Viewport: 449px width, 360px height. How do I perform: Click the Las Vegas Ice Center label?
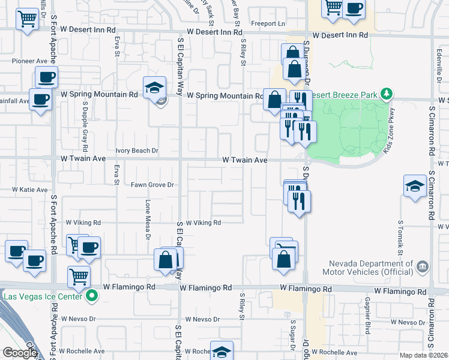(42, 296)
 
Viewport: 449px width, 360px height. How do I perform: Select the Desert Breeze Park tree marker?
(387, 94)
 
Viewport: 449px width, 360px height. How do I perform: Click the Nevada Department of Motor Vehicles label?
(370, 268)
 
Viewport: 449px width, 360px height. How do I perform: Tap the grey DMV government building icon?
(423, 266)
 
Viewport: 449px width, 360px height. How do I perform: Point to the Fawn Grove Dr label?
(152, 185)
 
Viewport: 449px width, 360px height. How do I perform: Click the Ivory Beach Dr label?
(136, 151)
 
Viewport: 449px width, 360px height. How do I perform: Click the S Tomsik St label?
(399, 235)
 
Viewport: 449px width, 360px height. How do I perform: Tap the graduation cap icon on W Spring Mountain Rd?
(154, 88)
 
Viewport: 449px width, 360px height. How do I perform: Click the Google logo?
(19, 353)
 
